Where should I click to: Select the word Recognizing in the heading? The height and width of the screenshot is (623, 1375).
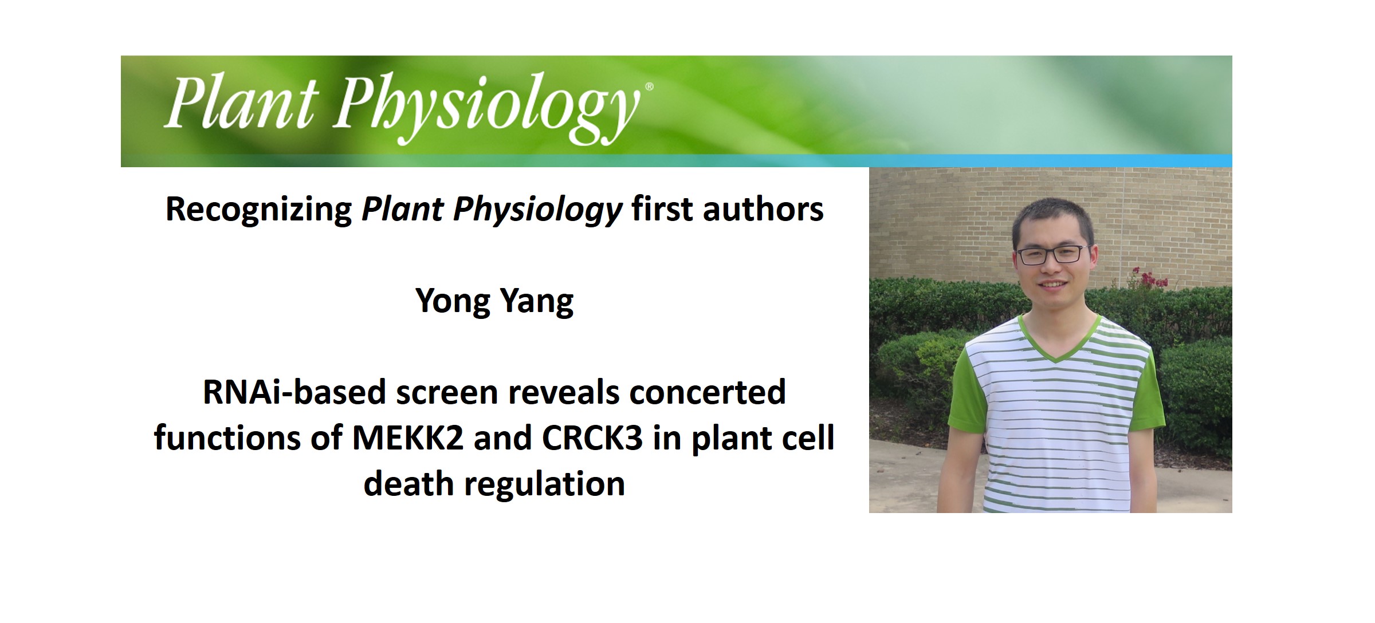tap(258, 210)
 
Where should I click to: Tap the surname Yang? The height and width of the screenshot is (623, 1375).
tap(537, 301)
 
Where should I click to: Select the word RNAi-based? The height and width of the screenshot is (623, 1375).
tap(294, 393)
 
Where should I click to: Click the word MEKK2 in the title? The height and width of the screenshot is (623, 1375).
tap(407, 439)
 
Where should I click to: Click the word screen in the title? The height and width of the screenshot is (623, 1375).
tap(446, 393)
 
